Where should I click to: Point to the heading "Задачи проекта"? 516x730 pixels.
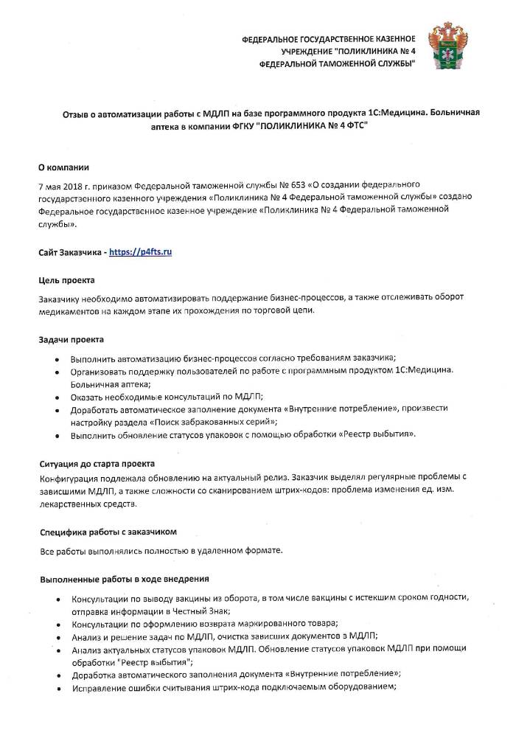(x=71, y=339)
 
